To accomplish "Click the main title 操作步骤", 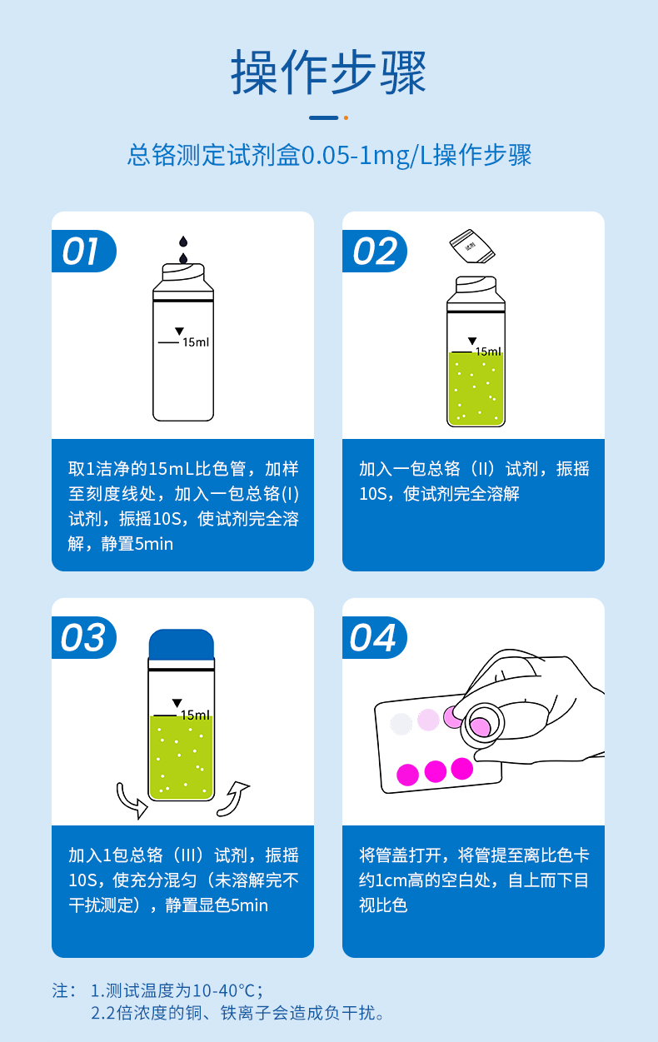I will pos(328,72).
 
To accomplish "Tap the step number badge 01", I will pos(82,252).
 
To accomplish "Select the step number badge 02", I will pos(374,252).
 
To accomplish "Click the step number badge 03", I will pos(83,638).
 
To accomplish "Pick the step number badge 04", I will pos(374,638).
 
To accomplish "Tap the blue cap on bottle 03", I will pos(182,643).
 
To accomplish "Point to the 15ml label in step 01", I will pos(196,342).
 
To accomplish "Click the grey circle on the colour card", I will pos(401,724).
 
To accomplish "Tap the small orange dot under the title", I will pos(346,117).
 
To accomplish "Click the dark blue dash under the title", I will pos(323,117).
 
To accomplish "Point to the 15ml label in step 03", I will pos(195,715).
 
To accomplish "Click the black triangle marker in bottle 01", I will pos(178,332).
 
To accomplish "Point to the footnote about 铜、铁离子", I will pos(238,1014).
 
